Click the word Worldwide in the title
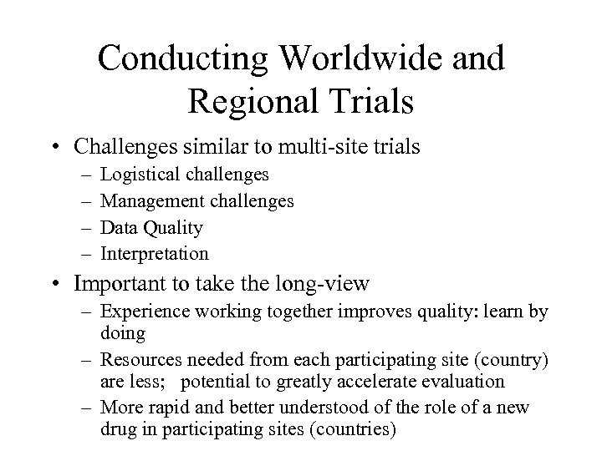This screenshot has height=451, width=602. tap(348, 59)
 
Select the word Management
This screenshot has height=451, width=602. tap(148, 200)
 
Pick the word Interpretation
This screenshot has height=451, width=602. tap(155, 253)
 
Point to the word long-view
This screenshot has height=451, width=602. tap(321, 284)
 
